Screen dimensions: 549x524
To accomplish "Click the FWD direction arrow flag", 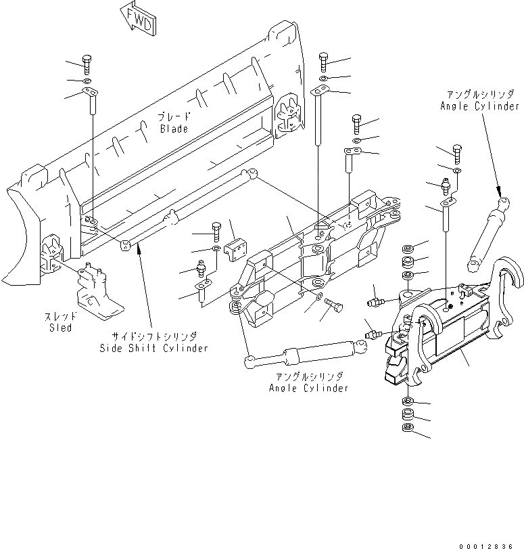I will tap(139, 18).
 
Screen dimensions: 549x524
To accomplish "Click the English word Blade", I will tap(174, 129).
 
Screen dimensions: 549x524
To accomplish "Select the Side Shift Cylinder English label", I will tap(151, 348).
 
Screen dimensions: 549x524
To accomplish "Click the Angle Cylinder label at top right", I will tap(479, 106).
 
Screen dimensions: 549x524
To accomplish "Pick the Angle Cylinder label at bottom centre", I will tap(308, 388).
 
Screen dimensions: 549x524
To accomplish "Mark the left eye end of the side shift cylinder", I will tap(126, 244).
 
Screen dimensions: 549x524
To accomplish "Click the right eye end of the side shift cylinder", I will tap(252, 175).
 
